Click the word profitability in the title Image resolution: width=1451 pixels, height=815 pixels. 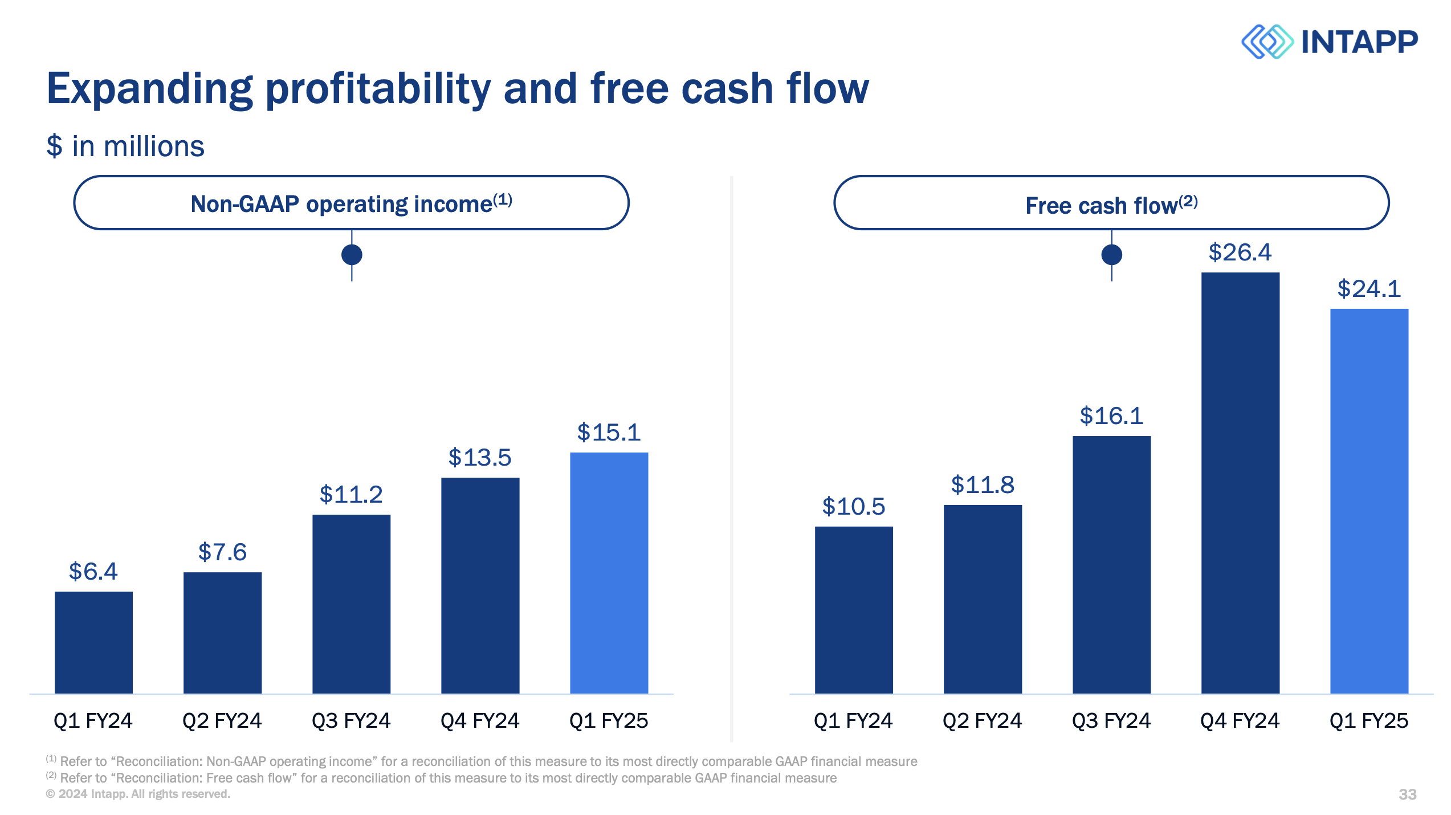(377, 89)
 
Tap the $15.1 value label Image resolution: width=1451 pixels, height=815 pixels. (609, 433)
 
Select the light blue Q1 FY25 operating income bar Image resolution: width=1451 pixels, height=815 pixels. (609, 573)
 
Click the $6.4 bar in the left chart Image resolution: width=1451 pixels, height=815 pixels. (93, 642)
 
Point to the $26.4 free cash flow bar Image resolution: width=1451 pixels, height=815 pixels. (1240, 483)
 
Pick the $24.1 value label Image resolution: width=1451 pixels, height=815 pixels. (1369, 289)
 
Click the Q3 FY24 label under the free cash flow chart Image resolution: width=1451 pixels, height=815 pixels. (1111, 721)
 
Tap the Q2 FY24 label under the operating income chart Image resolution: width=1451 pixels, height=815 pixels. (222, 721)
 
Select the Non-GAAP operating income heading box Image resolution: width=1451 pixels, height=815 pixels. (351, 203)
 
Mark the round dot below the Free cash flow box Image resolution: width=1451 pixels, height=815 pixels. (1111, 254)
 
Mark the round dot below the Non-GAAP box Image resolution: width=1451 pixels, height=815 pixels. (352, 254)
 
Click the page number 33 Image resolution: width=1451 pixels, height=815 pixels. (1407, 794)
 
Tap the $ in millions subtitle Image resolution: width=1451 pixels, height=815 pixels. (125, 146)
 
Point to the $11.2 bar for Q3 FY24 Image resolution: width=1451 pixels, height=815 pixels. (351, 604)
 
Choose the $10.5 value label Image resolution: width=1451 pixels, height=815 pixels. (853, 507)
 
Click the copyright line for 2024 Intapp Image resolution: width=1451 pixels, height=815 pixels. (138, 794)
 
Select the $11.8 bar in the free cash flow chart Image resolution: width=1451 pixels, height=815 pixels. (983, 599)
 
